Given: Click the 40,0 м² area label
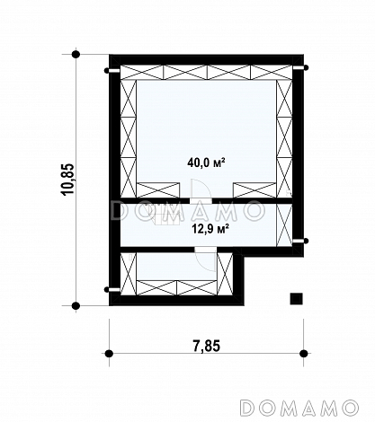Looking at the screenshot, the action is tap(206, 163).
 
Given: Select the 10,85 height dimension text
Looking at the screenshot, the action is tap(67, 180).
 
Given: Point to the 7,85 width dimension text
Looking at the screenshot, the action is tap(206, 346).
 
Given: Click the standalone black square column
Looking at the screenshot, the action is tap(296, 299).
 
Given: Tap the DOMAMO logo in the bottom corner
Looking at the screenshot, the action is tap(299, 408).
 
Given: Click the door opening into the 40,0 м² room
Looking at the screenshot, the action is tap(201, 189).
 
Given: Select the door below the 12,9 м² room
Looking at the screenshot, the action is tap(205, 259).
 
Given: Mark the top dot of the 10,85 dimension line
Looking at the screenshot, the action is tap(76, 55).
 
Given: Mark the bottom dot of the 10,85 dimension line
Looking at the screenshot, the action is tap(76, 306).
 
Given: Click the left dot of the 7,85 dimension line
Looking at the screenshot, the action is tap(109, 354).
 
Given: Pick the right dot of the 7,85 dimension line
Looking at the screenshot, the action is tap(304, 354).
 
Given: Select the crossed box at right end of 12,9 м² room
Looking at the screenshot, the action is tap(284, 225).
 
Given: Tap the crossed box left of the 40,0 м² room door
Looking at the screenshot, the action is tap(158, 190).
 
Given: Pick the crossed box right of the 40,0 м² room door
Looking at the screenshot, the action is tap(254, 190).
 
